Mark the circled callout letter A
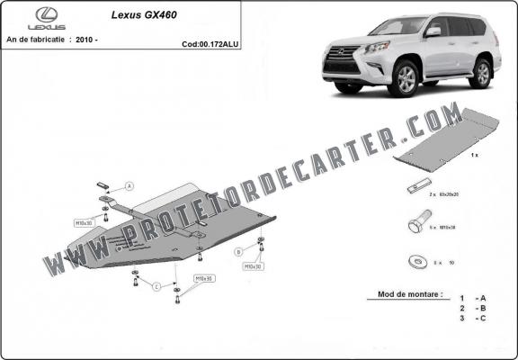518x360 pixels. click(129, 186)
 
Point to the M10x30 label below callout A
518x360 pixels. click(85, 221)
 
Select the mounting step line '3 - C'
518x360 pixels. click(473, 318)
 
